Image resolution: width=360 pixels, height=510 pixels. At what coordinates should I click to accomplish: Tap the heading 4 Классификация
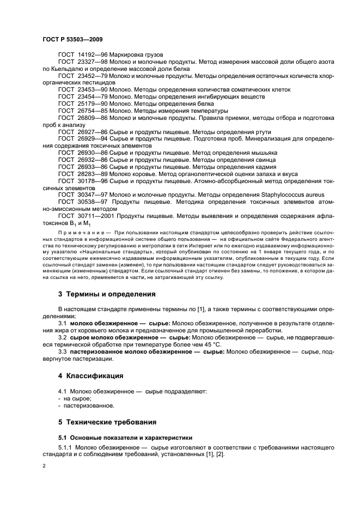click(x=91, y=376)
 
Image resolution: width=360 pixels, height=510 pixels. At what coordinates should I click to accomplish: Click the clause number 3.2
click(x=63, y=337)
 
